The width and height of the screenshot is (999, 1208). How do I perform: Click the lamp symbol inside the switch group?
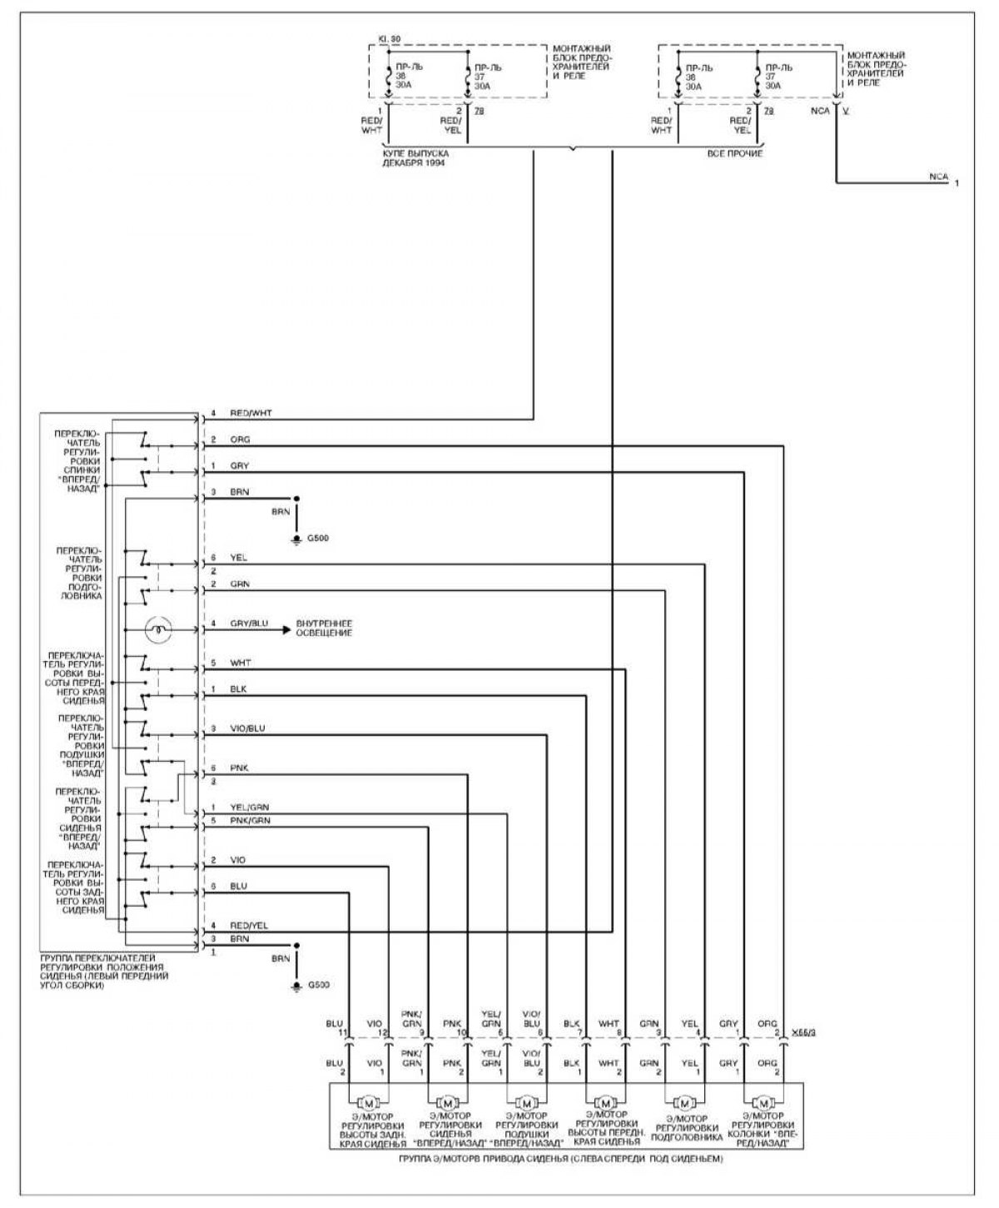click(157, 629)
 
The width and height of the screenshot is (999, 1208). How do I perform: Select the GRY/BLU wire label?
click(249, 624)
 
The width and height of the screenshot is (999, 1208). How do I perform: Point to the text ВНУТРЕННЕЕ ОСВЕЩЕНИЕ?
click(324, 629)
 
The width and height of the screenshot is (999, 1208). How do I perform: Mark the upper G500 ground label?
click(318, 539)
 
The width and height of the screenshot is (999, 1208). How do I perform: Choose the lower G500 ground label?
click(318, 986)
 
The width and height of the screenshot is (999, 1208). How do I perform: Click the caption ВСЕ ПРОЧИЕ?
click(734, 154)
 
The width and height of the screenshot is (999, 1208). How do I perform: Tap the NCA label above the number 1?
click(938, 176)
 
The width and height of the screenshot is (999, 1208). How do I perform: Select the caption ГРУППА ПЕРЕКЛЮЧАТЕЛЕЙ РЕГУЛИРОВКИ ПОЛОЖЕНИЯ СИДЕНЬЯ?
click(104, 972)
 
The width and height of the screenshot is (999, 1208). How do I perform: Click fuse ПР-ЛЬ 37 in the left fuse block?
click(484, 76)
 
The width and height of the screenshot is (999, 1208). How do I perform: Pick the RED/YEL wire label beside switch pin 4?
click(249, 925)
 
